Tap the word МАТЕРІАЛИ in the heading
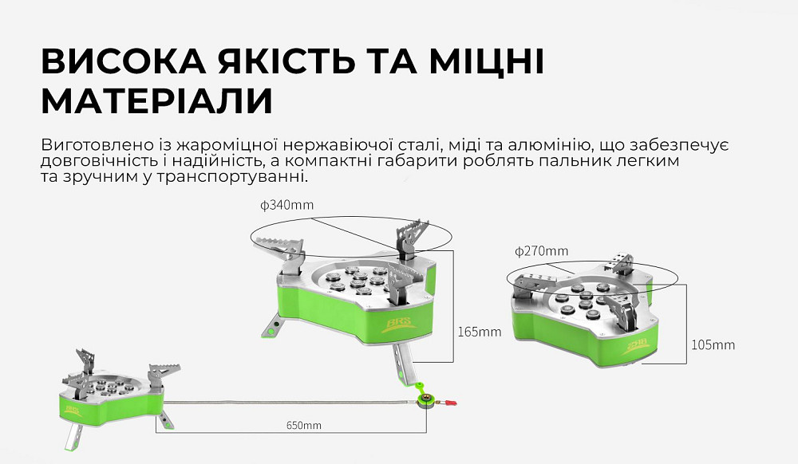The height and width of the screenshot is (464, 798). click(x=156, y=101)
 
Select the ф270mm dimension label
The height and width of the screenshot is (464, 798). click(x=543, y=251)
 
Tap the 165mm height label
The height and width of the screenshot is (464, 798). click(x=480, y=332)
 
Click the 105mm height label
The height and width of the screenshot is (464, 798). click(x=713, y=345)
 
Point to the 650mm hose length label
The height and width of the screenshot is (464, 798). click(x=303, y=425)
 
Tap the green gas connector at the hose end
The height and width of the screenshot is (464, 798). click(x=425, y=398)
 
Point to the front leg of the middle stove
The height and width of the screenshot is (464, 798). click(x=403, y=362)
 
